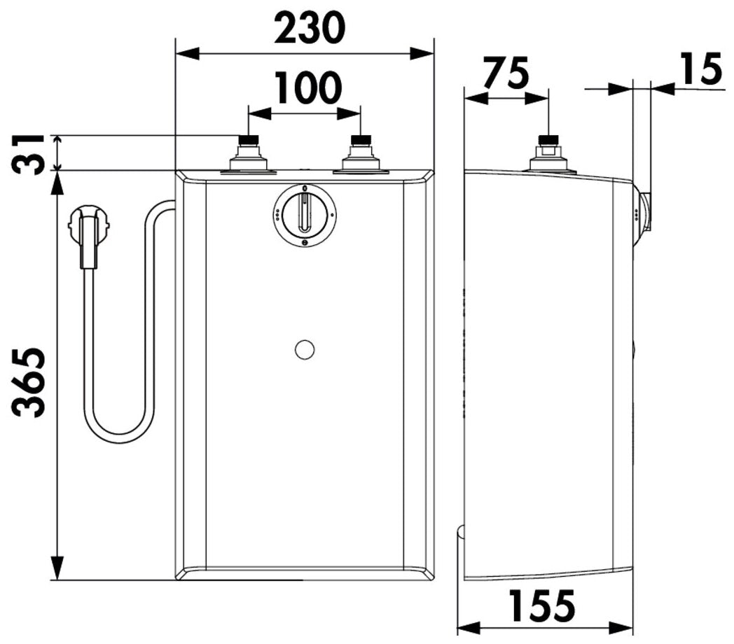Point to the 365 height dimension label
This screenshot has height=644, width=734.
tap(29, 381)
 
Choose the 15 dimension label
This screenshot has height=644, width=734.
tap(702, 69)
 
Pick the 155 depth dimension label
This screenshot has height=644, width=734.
tap(541, 605)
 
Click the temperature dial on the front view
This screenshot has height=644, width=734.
tap(305, 216)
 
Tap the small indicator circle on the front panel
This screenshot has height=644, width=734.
tap(305, 349)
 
